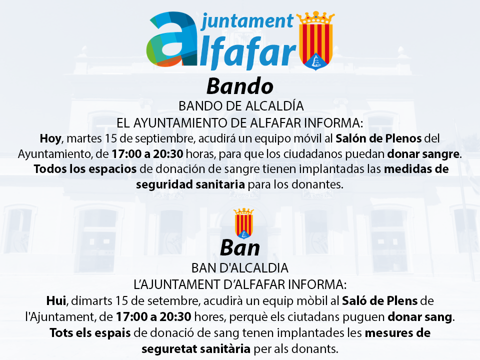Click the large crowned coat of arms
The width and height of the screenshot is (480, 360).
point(316,40)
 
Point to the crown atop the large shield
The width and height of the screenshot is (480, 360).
point(316,18)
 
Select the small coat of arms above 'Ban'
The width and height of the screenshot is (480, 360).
point(243,223)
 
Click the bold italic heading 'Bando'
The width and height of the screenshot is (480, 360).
point(240,86)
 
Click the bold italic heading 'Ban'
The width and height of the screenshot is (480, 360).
point(240,247)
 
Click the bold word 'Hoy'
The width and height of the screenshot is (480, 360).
point(51,138)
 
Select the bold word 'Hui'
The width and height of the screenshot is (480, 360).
point(56,300)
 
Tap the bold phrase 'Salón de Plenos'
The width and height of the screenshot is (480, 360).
point(378,138)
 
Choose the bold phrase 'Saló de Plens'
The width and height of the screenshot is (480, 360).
point(379,300)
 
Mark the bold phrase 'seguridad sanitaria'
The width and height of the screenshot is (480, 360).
point(190,184)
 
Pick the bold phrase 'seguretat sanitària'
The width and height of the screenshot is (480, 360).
point(196,349)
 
